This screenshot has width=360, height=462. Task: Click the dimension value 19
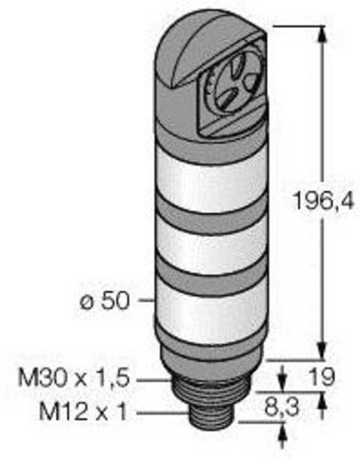pos(322,377)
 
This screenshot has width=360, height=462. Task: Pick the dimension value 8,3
pos(282,407)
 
